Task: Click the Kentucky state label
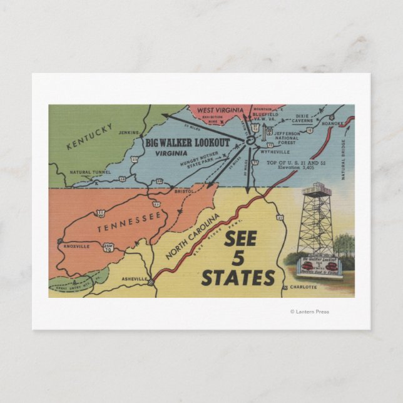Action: [x=90, y=137]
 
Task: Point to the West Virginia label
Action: [x=217, y=111]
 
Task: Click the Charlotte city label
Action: [x=304, y=287]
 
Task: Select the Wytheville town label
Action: [x=274, y=151]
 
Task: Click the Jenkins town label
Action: [x=128, y=133]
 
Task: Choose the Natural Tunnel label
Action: [x=91, y=172]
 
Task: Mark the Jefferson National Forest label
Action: [x=288, y=139]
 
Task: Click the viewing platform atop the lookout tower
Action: [x=317, y=189]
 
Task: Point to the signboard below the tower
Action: [x=320, y=267]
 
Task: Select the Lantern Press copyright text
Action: [x=309, y=312]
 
